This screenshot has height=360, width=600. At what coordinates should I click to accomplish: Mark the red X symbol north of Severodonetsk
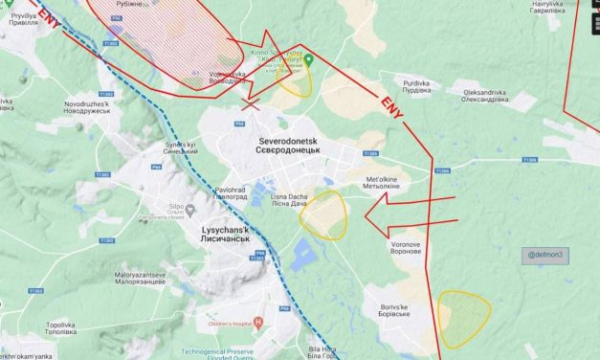[x=253, y=106]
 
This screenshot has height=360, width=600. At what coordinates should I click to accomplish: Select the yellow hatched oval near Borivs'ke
[x=463, y=317]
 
